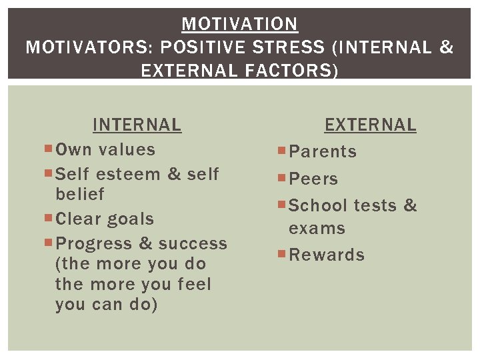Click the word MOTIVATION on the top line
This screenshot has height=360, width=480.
[x=240, y=25]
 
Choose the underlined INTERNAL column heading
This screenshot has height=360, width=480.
[x=137, y=125]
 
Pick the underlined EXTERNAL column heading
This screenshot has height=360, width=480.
[x=370, y=125]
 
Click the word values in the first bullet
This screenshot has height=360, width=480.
[x=127, y=150]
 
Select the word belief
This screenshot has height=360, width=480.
[x=80, y=194]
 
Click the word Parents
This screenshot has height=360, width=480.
[x=323, y=152]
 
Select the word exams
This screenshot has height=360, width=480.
[x=317, y=229]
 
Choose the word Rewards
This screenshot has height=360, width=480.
[x=327, y=255]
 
